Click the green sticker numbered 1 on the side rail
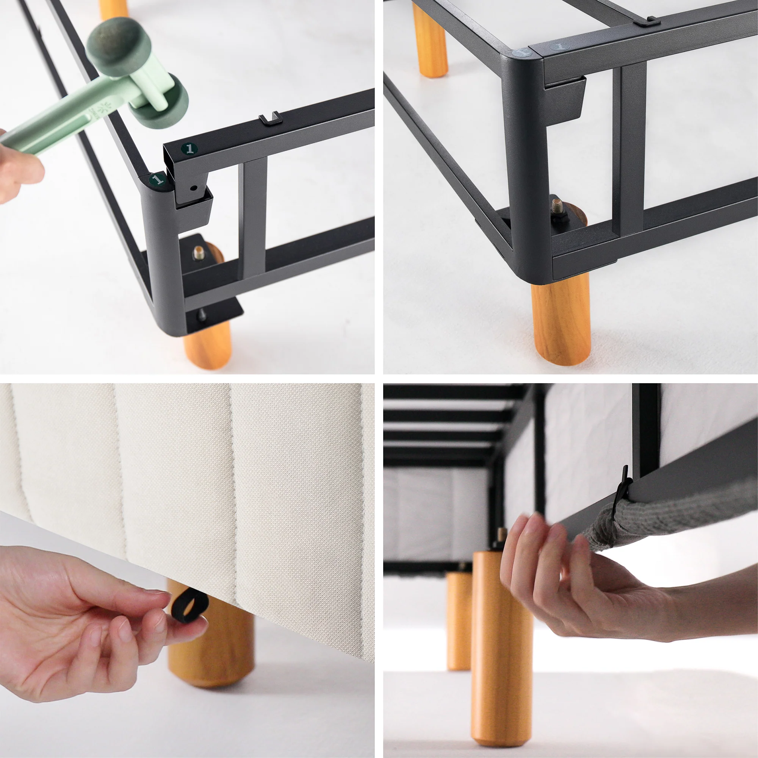coord(190,149)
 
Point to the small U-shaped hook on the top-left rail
coord(270,118)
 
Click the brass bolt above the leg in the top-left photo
coord(199,254)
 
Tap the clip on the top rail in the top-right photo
coord(647,22)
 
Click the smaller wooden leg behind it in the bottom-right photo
coord(459,620)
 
